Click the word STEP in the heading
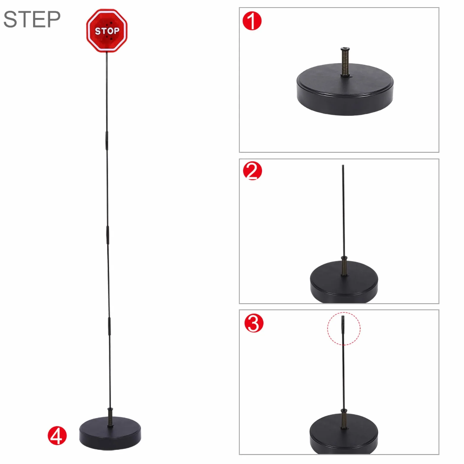32,20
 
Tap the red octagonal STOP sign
107,31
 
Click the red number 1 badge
252,21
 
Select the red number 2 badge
252,171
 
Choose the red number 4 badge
57,436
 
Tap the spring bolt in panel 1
345,62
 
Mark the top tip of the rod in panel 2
343,165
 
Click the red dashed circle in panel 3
327,328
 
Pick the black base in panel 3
344,434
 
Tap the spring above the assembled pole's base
110,417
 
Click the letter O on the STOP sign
108,31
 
